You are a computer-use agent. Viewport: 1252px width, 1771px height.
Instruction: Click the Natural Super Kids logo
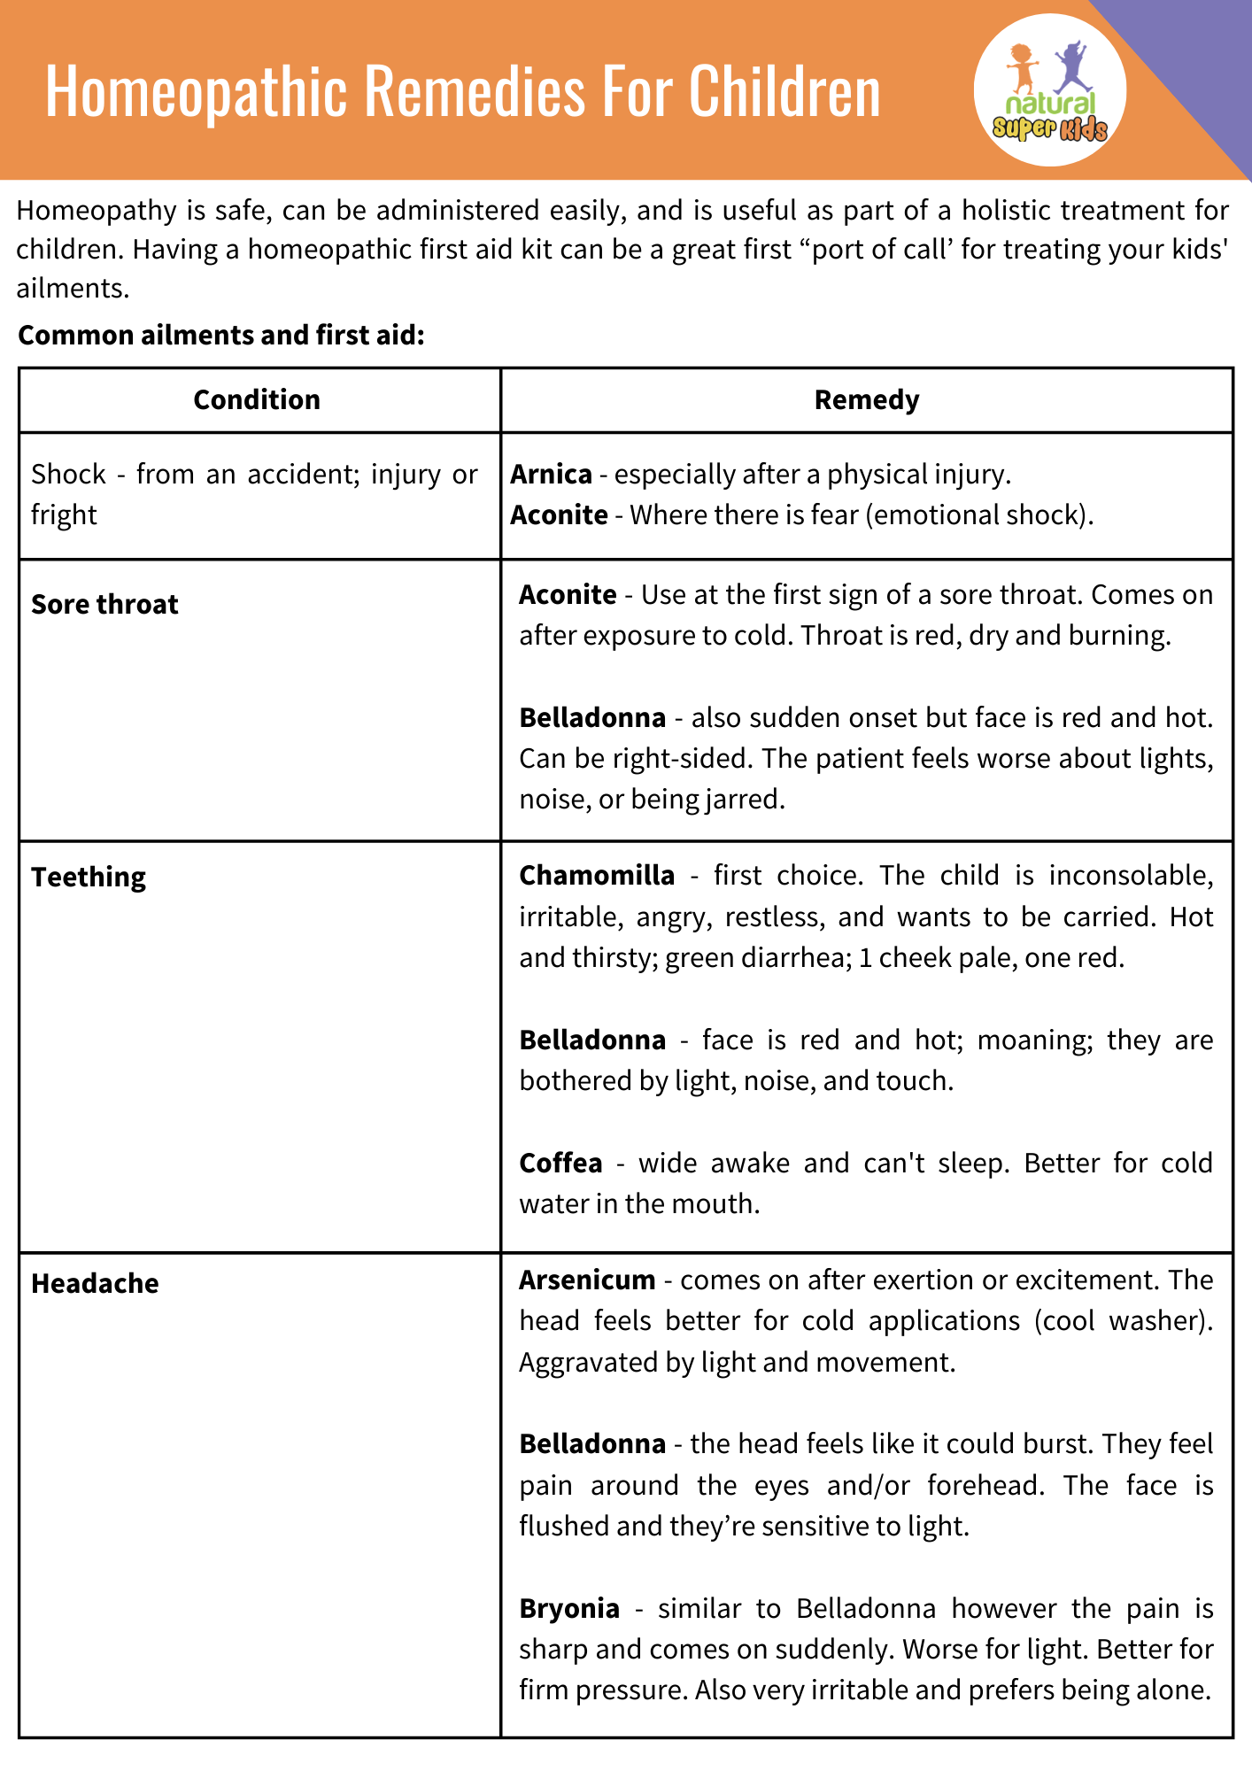pyautogui.click(x=1050, y=90)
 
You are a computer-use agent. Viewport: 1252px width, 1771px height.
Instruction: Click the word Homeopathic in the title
pyautogui.click(x=196, y=91)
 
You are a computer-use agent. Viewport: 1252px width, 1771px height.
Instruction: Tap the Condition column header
pyautogui.click(x=257, y=400)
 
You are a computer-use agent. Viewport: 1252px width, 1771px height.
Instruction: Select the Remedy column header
pyautogui.click(x=866, y=400)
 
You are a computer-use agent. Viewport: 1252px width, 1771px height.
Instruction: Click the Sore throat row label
pyautogui.click(x=104, y=605)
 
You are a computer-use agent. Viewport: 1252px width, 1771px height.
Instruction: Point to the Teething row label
pyautogui.click(x=89, y=878)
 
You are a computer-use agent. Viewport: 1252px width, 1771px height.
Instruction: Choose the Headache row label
pyautogui.click(x=95, y=1284)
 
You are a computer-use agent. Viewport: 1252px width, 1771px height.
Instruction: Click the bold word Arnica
pyautogui.click(x=551, y=475)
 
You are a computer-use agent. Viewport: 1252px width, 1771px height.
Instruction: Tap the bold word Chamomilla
pyautogui.click(x=597, y=876)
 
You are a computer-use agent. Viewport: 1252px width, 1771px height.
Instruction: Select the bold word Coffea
pyautogui.click(x=560, y=1164)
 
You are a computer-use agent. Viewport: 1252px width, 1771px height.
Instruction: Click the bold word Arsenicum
pyautogui.click(x=587, y=1280)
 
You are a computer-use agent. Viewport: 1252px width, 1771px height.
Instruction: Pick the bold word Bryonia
pyautogui.click(x=568, y=1608)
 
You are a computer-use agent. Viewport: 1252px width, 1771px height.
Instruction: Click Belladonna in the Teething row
pyautogui.click(x=592, y=1040)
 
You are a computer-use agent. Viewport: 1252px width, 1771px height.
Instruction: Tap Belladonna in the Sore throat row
pyautogui.click(x=592, y=717)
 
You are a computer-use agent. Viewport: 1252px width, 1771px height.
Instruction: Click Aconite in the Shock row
pyautogui.click(x=559, y=515)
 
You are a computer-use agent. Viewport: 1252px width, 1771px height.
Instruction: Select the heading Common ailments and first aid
pyautogui.click(x=221, y=336)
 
